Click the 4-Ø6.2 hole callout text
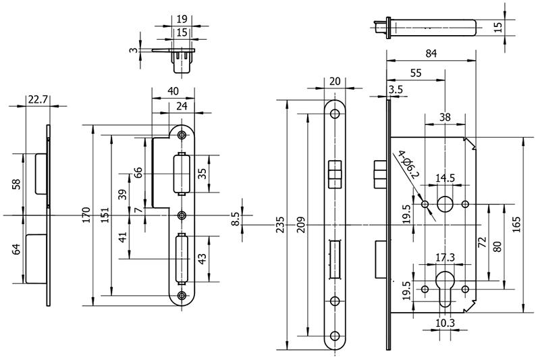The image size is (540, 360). pos(408,166)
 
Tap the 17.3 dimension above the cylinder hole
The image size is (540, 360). pos(444,257)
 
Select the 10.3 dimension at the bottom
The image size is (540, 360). pos(444,323)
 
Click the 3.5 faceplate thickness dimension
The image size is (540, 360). pos(396,89)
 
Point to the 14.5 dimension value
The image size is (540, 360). pos(444,178)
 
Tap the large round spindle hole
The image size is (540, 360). pos(444,205)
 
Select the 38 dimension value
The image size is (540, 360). pos(444,117)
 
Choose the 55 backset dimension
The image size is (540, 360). pos(416,72)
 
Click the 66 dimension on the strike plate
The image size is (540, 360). pos(138,172)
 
